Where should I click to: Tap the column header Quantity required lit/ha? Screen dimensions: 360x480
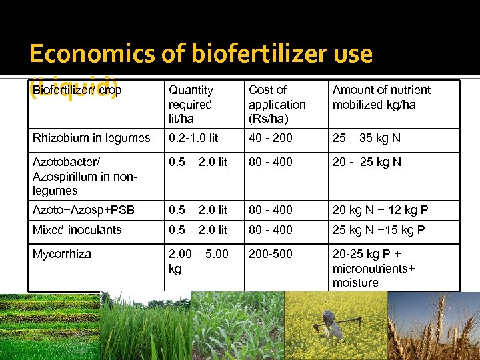click(191, 104)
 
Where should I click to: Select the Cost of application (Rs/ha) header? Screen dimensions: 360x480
click(277, 104)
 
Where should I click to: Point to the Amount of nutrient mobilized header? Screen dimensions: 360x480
click(381, 97)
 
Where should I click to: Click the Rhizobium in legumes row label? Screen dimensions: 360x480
click(91, 138)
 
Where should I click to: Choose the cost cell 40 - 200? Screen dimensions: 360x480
click(270, 138)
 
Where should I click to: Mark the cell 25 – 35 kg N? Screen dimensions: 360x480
click(367, 138)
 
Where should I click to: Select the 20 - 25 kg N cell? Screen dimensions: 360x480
click(367, 162)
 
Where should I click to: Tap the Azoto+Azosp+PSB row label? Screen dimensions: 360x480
click(83, 210)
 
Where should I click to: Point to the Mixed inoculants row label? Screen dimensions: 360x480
click(77, 230)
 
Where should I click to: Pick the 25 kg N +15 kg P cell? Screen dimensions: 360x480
click(379, 230)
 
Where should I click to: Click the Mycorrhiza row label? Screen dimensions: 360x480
click(62, 254)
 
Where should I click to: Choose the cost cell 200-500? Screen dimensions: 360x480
click(267, 254)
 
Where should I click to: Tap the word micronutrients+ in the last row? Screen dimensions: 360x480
click(374, 268)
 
